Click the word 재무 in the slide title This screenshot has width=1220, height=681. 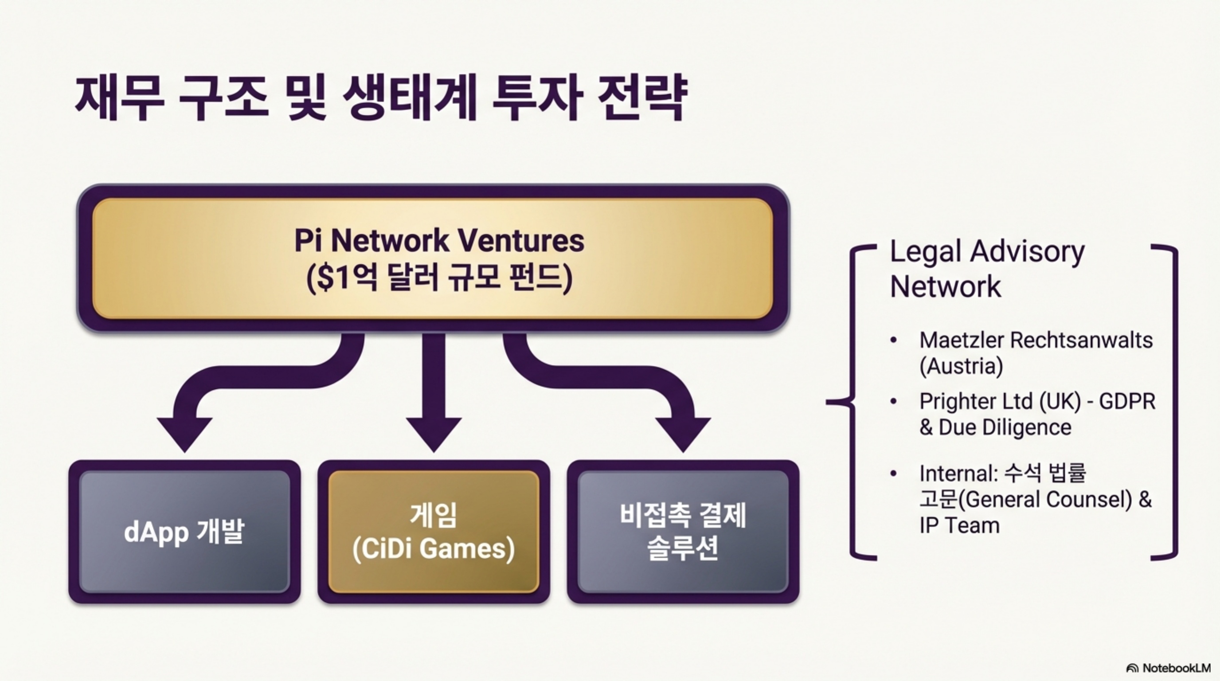[x=119, y=98]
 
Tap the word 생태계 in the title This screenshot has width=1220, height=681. [x=409, y=98]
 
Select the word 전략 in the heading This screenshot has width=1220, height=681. [x=642, y=98]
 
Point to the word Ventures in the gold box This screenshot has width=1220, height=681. [x=521, y=241]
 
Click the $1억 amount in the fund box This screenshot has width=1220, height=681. [x=342, y=277]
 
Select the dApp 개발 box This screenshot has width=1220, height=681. [x=184, y=531]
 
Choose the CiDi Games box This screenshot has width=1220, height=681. [x=434, y=531]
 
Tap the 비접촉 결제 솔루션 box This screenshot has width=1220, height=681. [x=683, y=531]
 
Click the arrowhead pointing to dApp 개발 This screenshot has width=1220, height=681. [x=184, y=433]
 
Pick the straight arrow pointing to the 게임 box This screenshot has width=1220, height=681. [x=434, y=393]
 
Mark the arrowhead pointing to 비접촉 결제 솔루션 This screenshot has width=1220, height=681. [x=683, y=433]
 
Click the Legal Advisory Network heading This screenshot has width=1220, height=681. [x=987, y=269]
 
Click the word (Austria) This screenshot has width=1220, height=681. [x=961, y=366]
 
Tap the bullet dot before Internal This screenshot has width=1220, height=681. [x=894, y=473]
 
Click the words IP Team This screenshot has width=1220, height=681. [x=959, y=526]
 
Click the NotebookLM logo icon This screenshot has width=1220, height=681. [x=1132, y=668]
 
